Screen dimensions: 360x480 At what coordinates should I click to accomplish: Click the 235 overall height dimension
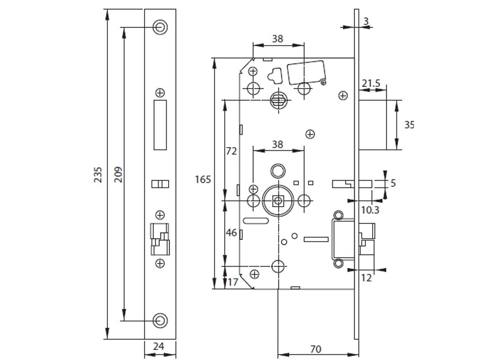click(97, 174)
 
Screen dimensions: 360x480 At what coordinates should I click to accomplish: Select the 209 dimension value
click(118, 174)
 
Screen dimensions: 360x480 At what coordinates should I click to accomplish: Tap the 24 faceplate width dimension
click(159, 346)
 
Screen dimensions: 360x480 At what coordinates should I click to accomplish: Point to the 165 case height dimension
click(203, 179)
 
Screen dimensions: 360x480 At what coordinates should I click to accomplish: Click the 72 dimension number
click(231, 151)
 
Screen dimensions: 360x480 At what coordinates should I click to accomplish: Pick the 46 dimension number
click(231, 232)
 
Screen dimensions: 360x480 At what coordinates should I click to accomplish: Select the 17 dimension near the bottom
click(233, 282)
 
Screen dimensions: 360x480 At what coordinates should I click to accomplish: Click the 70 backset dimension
click(316, 349)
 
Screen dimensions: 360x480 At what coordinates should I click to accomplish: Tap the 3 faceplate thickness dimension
click(366, 21)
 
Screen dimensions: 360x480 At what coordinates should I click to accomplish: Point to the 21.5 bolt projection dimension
click(371, 84)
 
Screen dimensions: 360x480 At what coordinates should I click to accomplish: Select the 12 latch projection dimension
click(366, 277)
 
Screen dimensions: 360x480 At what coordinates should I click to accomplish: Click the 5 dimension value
click(393, 183)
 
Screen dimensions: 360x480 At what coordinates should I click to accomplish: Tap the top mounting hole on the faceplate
click(160, 27)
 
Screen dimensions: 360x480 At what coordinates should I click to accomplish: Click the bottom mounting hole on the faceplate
click(160, 321)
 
